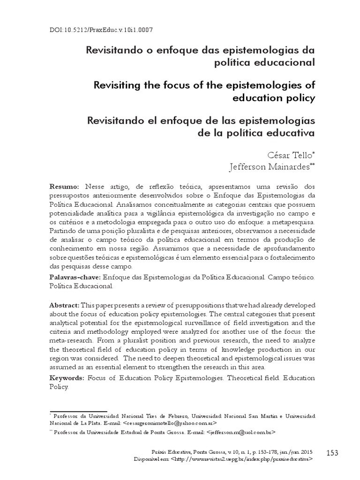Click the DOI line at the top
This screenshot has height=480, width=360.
coord(101,30)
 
